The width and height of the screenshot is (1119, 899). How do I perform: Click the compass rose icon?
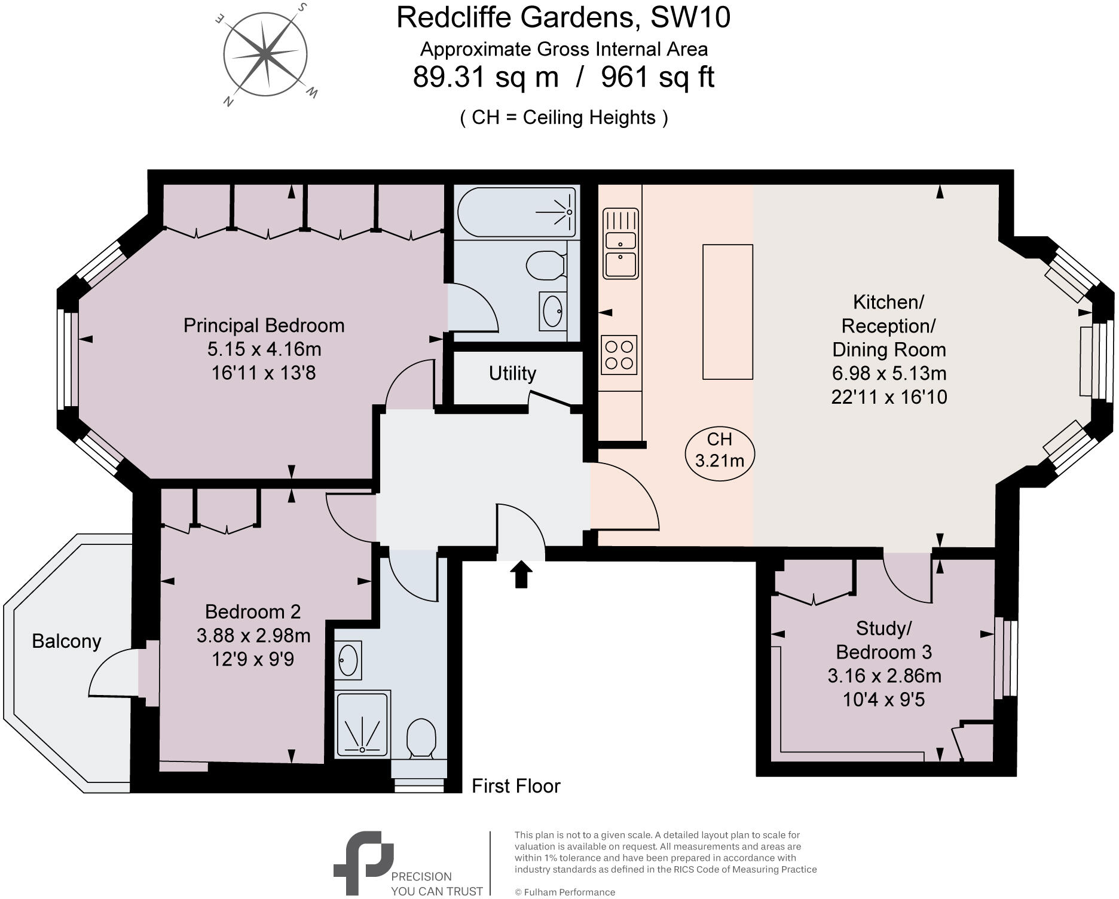click(265, 55)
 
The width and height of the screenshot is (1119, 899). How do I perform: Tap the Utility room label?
click(512, 373)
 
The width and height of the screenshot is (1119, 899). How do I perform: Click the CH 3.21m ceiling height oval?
click(720, 450)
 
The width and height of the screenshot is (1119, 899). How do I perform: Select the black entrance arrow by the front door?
click(522, 574)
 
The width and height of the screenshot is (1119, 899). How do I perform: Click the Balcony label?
click(66, 641)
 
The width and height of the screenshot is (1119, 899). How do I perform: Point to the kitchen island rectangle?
click(727, 312)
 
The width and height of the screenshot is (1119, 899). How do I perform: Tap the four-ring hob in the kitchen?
click(619, 355)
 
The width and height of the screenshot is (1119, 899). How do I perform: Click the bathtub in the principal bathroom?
click(516, 212)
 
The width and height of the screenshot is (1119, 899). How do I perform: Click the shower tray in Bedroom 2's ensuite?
click(362, 724)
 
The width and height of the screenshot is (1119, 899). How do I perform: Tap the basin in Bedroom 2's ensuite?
click(348, 660)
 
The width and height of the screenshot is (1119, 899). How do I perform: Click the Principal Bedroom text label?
click(264, 325)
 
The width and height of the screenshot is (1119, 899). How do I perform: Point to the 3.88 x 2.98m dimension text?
click(253, 635)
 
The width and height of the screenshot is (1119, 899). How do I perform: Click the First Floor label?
click(516, 786)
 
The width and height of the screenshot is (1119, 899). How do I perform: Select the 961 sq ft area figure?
click(658, 77)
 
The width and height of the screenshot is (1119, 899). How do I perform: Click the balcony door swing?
click(114, 673)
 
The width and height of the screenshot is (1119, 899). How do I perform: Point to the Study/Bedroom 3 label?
click(883, 640)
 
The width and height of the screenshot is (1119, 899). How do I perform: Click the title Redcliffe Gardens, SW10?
click(563, 17)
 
